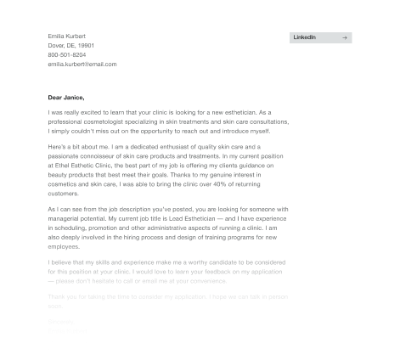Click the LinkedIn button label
coord(305,37)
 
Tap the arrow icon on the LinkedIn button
coord(344,37)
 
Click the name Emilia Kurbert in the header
coord(67,36)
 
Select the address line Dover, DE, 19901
coord(71,45)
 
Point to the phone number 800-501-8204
coord(67,54)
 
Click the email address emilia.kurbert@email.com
coord(82,64)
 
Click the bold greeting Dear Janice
coord(66,98)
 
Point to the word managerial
coord(68,218)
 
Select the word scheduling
coord(72,228)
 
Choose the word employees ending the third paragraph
coord(64,246)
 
